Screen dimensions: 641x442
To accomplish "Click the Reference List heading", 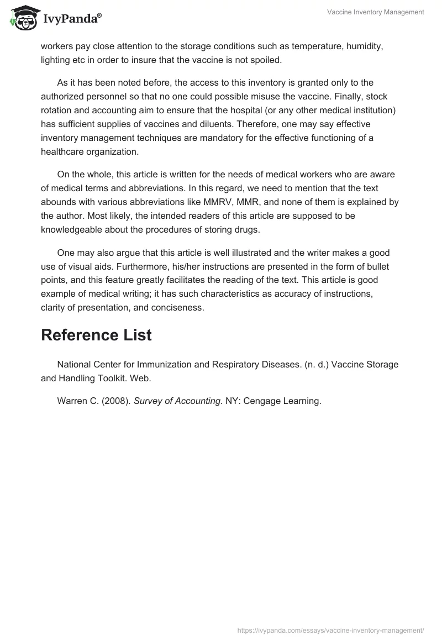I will (x=96, y=335).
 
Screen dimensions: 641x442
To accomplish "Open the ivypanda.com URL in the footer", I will (x=330, y=629).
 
